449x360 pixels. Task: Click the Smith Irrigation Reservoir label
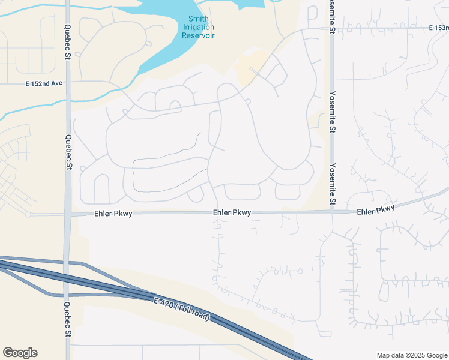tap(198, 27)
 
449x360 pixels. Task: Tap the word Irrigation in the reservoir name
tap(198, 27)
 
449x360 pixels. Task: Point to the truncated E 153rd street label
tap(439, 28)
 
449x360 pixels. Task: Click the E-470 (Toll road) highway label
tap(181, 309)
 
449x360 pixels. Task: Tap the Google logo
tap(20, 353)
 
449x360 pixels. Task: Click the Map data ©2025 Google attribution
tap(411, 355)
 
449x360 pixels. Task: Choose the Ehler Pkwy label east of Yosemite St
tap(376, 209)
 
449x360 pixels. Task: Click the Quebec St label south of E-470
tap(67, 323)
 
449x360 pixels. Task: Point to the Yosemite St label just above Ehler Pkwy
tap(332, 183)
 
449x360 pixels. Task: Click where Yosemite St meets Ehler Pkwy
tap(332, 211)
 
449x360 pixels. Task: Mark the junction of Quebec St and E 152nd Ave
tap(67, 83)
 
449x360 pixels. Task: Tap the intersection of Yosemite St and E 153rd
tap(331, 28)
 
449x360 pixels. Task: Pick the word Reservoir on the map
tap(198, 35)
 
